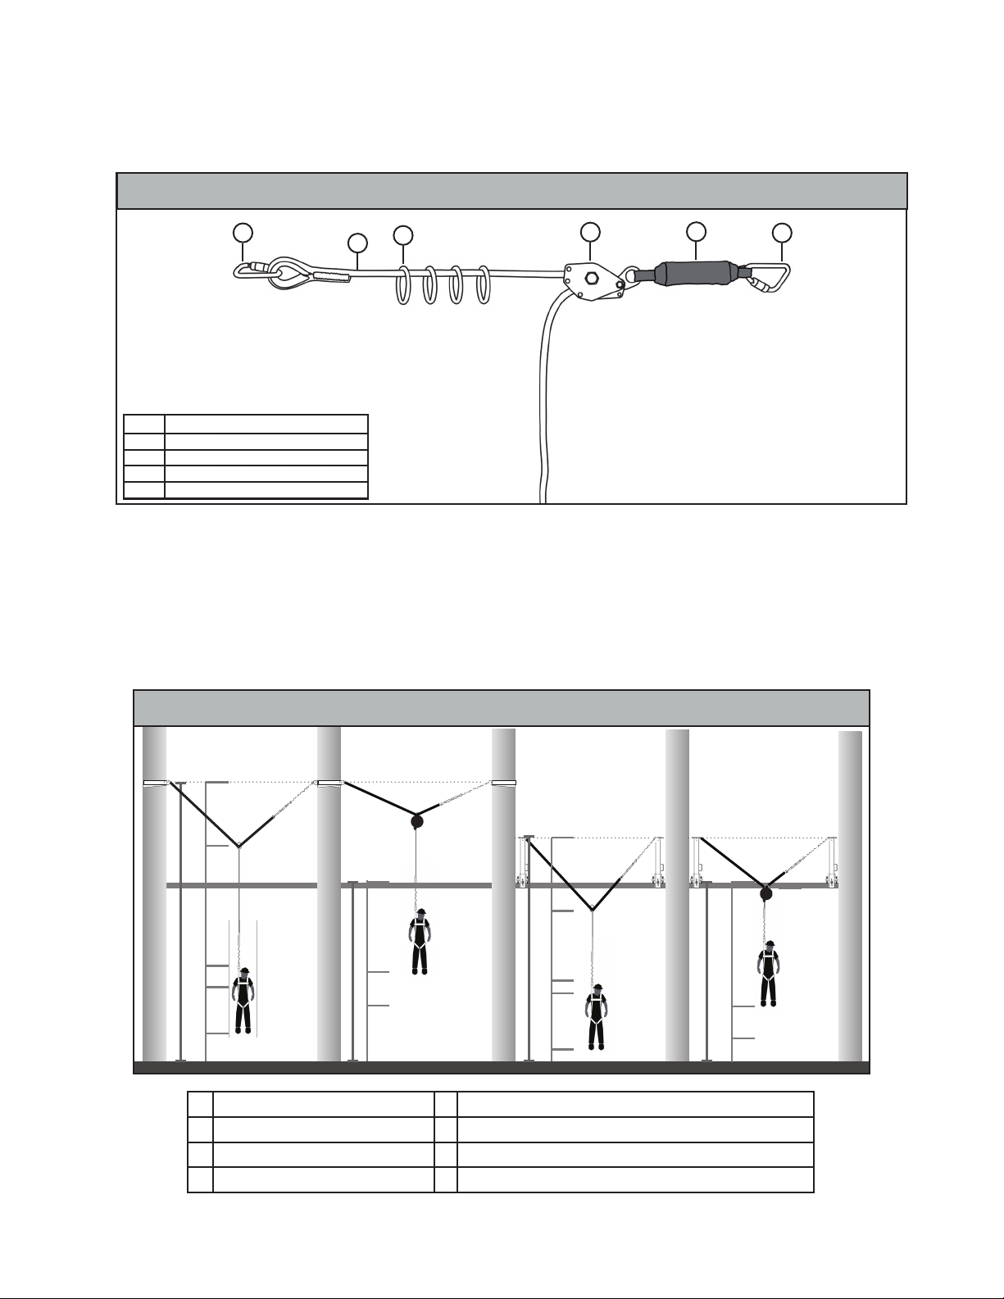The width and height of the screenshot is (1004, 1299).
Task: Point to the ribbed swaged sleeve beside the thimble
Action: [x=330, y=276]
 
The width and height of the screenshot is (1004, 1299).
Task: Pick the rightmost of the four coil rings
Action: [x=484, y=286]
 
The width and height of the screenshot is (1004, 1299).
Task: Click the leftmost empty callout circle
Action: [x=242, y=233]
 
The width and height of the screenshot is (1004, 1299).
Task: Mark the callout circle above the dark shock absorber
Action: [x=696, y=231]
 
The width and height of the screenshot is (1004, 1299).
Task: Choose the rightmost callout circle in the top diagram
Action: [x=783, y=233]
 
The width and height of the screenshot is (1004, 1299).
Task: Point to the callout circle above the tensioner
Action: [x=590, y=231]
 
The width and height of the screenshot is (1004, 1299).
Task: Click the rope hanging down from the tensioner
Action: [x=543, y=393]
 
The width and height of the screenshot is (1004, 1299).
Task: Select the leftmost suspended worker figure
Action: [x=243, y=1001]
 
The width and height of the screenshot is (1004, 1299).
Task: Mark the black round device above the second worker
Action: [x=416, y=821]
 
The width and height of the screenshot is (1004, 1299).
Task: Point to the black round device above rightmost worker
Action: [x=765, y=893]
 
